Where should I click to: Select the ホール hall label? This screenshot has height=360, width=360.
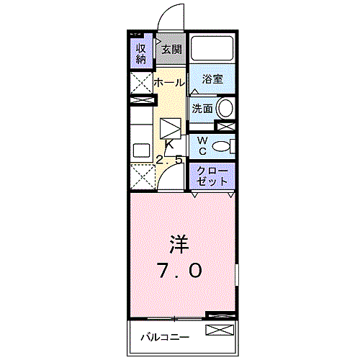[x=168, y=83]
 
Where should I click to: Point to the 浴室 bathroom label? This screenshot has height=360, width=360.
[x=212, y=80]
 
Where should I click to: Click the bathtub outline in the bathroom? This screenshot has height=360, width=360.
[x=212, y=49]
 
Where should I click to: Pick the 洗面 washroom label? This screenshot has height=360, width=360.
[x=202, y=109]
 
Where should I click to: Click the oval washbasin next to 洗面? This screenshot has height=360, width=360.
[x=225, y=109]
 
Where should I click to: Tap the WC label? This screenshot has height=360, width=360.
[x=203, y=145]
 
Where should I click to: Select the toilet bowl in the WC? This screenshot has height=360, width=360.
[x=225, y=146]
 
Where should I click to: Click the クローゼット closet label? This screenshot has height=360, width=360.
[x=212, y=176]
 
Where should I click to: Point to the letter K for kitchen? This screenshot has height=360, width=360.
[x=170, y=144]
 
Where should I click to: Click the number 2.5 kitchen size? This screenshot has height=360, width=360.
[x=169, y=160]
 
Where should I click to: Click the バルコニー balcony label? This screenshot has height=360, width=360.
[x=165, y=337]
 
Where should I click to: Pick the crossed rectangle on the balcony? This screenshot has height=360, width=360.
[x=220, y=330]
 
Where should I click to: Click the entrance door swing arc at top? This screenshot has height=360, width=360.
[x=169, y=16]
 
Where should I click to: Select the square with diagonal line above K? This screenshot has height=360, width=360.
[x=171, y=130]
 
